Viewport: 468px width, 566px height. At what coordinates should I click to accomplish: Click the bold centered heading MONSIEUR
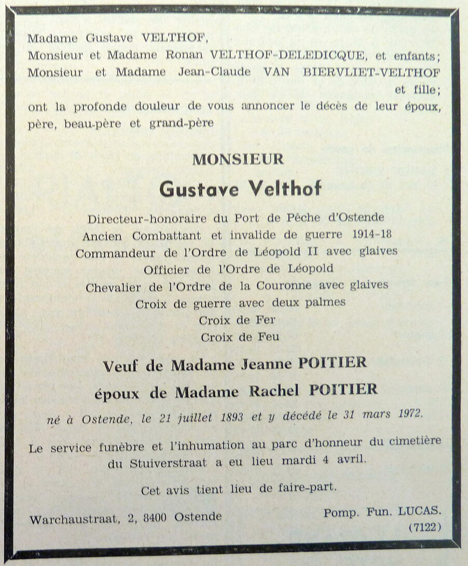[238, 159]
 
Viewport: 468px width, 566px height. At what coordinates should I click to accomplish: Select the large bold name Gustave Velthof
[240, 190]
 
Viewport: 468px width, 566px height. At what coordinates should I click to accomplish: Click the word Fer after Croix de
[264, 319]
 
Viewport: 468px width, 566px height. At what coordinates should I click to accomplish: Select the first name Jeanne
[268, 364]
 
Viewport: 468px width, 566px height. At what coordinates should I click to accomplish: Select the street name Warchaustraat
[81, 518]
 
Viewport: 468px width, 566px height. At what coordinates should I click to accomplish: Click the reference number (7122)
[424, 528]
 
